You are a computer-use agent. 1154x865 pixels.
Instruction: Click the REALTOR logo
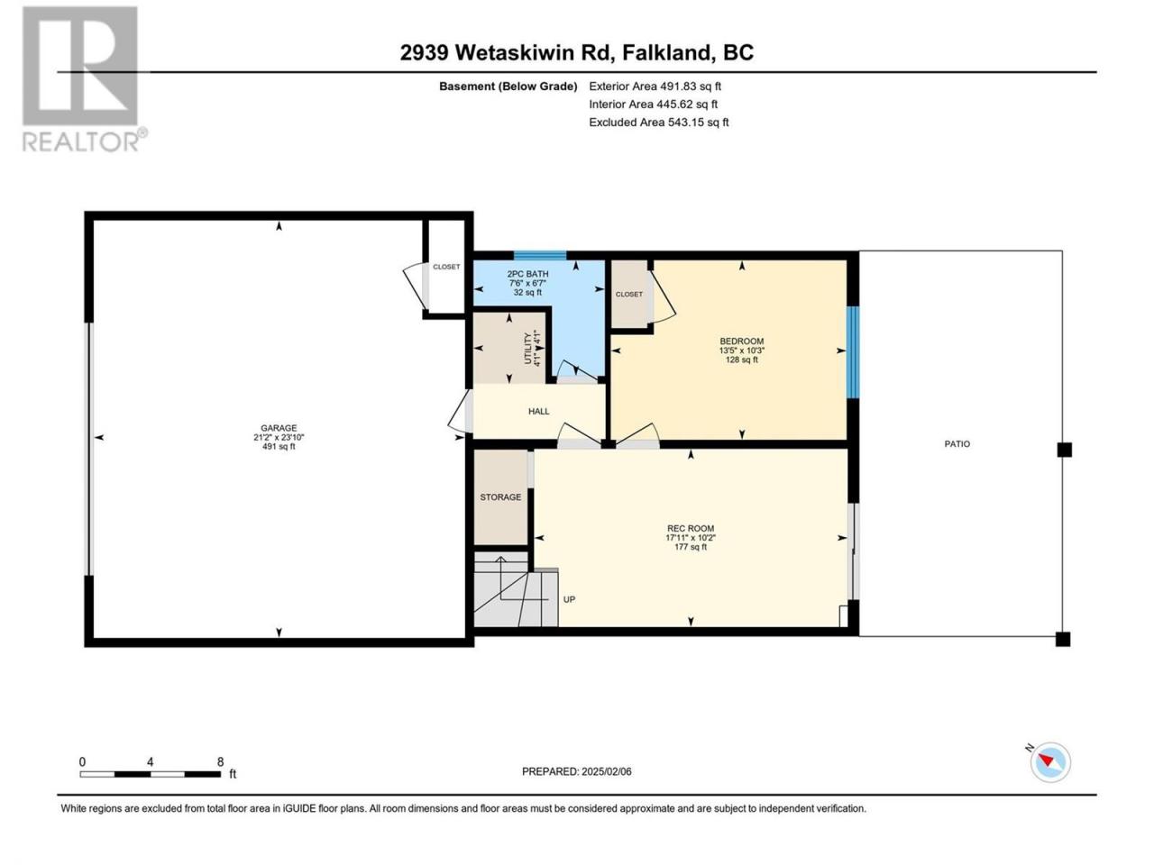[83, 78]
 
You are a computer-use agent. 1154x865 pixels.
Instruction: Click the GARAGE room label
[279, 428]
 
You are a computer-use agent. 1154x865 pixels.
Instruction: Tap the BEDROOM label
[741, 341]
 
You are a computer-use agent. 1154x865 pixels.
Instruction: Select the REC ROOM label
[691, 528]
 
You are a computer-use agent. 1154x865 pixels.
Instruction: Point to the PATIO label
[957, 444]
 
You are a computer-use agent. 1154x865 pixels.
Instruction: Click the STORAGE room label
[500, 496]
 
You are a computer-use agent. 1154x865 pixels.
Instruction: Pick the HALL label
[538, 411]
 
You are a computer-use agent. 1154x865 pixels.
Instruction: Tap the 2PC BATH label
[527, 274]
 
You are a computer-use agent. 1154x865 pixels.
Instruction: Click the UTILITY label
[527, 348]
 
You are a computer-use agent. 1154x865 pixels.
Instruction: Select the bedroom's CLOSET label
[628, 294]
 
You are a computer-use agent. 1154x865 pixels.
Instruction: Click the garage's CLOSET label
[446, 267]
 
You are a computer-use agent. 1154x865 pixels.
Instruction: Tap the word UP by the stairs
[569, 599]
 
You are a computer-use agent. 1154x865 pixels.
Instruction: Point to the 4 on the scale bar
[151, 761]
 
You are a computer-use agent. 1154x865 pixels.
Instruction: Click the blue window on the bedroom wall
[852, 352]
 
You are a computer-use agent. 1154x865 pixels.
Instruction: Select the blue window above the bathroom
[539, 255]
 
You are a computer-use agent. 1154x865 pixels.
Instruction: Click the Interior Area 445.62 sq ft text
[653, 104]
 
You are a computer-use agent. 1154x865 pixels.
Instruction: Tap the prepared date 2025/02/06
[606, 771]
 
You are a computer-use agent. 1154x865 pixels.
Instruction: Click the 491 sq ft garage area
[279, 446]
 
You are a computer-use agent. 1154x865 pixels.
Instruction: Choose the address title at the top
[577, 52]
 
